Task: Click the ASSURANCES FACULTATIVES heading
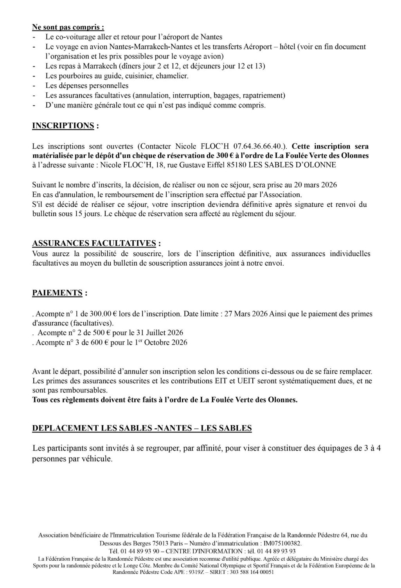click(96, 243)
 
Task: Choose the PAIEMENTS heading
click(57, 293)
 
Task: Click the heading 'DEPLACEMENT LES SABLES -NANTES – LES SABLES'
click(142, 428)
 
